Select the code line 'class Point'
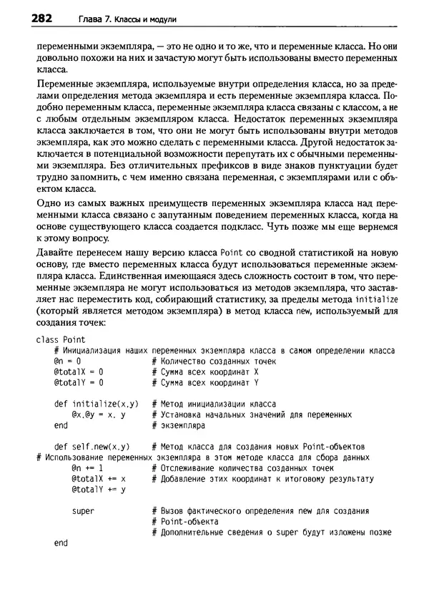pos(60,339)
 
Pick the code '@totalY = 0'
pos(78,384)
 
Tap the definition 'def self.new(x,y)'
pos(92,446)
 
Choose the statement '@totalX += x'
pos(99,478)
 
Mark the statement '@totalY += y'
pos(99,489)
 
